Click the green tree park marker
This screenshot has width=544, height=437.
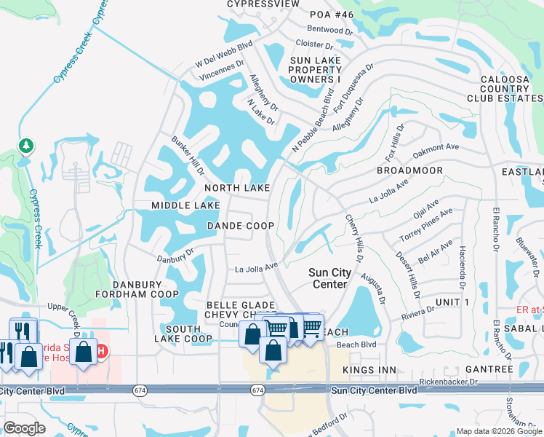coord(26,147)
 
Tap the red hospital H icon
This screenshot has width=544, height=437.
coord(102,351)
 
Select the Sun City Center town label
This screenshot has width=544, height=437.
coord(329,278)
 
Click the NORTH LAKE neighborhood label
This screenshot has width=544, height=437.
coord(236,188)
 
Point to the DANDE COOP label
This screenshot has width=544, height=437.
coord(240,226)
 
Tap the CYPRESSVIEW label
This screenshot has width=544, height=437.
coord(263,4)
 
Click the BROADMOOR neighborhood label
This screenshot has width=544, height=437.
coord(409,170)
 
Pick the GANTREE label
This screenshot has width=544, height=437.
coord(488,370)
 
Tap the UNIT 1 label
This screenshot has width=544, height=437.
coord(452,302)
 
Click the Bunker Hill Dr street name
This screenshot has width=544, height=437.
coord(188,154)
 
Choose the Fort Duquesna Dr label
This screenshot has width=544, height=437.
coord(354,87)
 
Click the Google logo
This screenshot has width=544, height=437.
coord(24,428)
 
